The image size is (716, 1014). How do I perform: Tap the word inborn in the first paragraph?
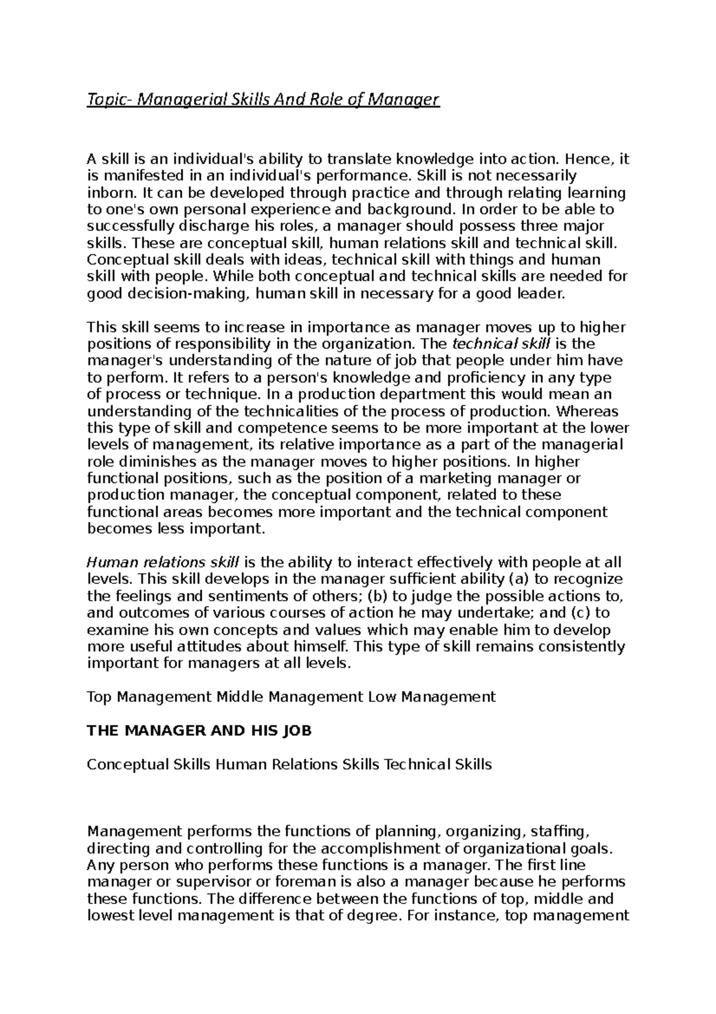pyautogui.click(x=105, y=193)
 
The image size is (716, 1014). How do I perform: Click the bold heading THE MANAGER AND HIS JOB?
pyautogui.click(x=199, y=731)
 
